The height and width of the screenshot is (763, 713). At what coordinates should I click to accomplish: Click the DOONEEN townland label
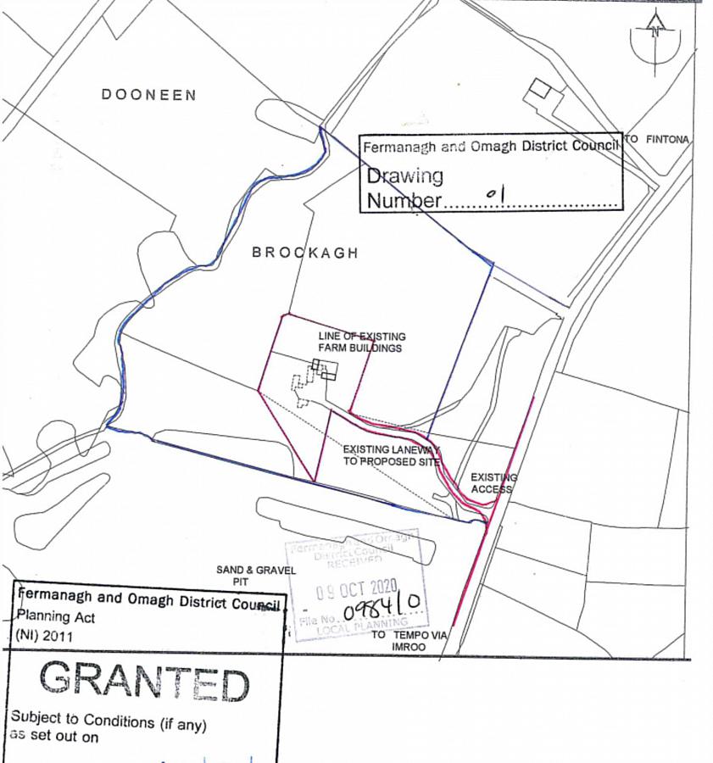[148, 95]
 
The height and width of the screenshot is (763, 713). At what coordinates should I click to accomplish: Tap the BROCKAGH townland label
[305, 253]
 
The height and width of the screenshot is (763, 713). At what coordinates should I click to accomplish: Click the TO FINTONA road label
[657, 139]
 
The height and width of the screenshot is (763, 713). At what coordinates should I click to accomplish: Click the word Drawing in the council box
[404, 176]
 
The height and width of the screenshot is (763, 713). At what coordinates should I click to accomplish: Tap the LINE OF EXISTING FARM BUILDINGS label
[360, 342]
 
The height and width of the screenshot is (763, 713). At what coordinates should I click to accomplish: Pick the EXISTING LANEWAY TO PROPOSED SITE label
[391, 455]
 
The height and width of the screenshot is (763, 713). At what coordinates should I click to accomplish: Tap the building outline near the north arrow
[539, 91]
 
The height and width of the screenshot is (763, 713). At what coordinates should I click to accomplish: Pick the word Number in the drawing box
[404, 201]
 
